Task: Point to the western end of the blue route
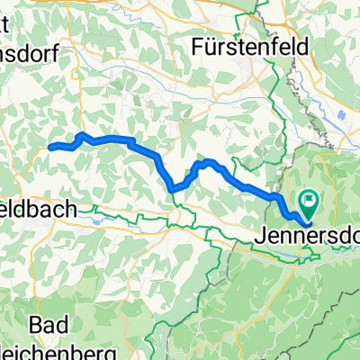pos(49,147)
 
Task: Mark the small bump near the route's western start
pos(82,135)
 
